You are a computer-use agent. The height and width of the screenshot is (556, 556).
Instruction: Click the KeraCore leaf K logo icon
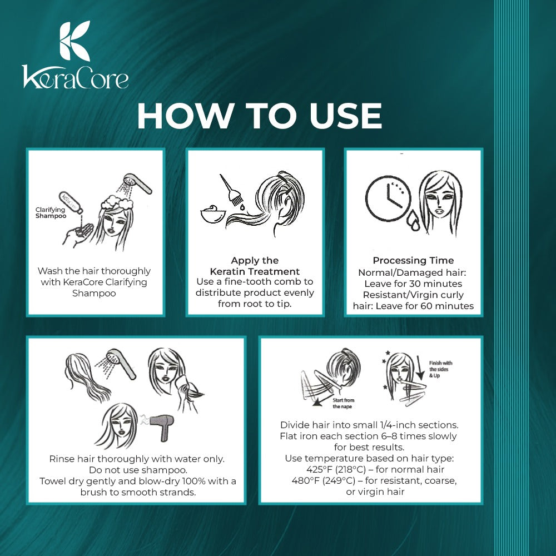click(75, 42)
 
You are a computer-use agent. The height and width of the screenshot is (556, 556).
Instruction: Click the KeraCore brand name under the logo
click(75, 77)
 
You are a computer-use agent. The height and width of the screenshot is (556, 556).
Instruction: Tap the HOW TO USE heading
click(259, 116)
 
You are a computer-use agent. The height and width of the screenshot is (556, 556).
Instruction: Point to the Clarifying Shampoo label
click(51, 212)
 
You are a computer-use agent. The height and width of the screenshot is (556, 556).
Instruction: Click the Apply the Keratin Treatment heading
click(255, 266)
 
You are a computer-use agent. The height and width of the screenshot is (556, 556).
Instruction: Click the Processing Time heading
click(413, 260)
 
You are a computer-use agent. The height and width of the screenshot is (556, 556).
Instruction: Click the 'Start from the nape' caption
click(343, 403)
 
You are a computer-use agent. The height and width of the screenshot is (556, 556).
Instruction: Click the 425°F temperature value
click(320, 470)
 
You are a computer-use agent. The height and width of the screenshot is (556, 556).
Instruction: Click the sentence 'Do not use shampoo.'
click(137, 469)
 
